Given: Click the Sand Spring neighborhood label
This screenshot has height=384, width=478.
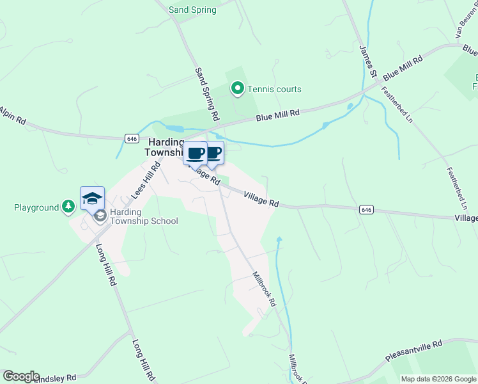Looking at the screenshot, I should point(192,10).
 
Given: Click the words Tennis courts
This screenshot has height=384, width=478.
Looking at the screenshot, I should point(274,90).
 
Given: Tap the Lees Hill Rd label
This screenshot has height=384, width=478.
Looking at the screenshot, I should point(146,180).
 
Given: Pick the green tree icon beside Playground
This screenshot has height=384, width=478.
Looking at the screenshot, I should point(68,207).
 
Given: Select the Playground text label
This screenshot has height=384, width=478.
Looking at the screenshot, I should point(36,207).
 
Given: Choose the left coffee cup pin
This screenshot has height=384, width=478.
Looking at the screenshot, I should point(196,154).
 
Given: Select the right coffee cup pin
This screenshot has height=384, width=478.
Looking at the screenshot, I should point(213,152).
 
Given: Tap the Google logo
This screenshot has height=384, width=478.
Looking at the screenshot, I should point(21,376).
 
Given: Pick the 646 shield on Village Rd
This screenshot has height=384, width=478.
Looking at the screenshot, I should point(366,209).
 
